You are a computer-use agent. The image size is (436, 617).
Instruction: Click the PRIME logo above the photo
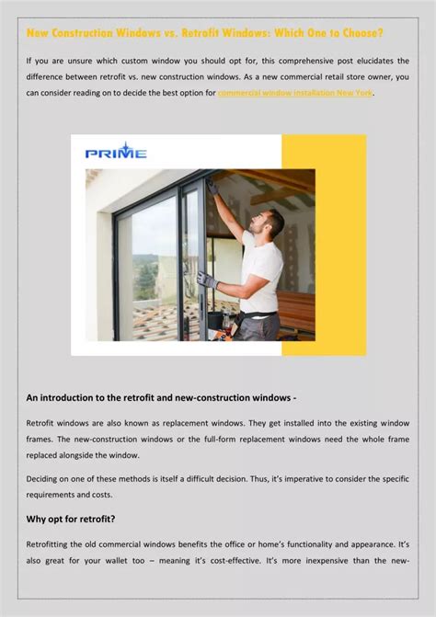pyautogui.click(x=116, y=151)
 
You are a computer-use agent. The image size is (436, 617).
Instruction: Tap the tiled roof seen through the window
pyautogui.click(x=161, y=317)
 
